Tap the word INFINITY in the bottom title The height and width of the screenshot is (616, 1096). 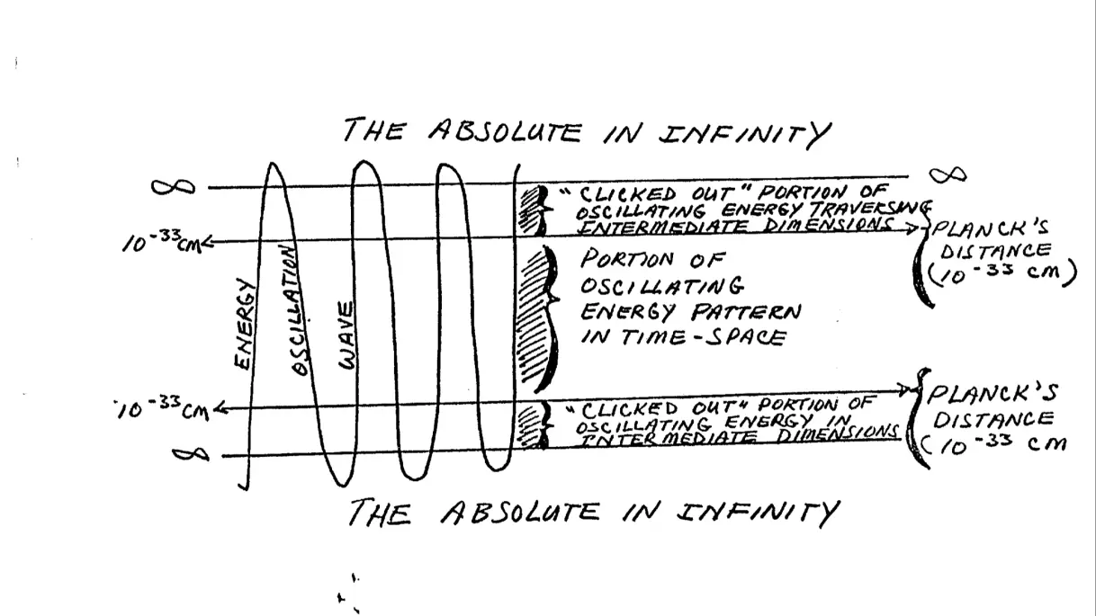pos(758,513)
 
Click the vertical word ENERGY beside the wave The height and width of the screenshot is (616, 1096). pos(244,324)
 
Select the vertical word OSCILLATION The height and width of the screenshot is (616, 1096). pos(295,310)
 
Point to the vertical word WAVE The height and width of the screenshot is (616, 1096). pos(346,335)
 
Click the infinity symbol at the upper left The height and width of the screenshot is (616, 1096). pos(173,186)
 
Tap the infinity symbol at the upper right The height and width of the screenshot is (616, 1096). pos(948,174)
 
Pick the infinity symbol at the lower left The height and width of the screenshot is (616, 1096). pos(191,455)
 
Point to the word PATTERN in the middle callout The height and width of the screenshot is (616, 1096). pos(746,311)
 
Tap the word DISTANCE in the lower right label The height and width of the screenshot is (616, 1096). pos(996,419)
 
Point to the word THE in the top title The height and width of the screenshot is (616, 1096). pos(373,130)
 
